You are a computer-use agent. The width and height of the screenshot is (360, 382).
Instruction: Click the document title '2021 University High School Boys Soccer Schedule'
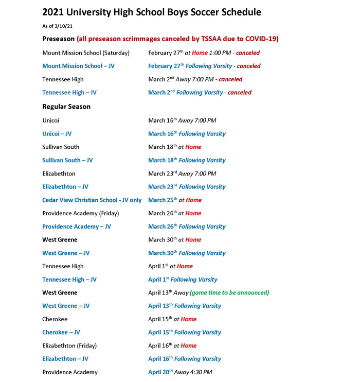[x=151, y=12]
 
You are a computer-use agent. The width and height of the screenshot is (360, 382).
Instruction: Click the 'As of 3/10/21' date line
[x=57, y=26]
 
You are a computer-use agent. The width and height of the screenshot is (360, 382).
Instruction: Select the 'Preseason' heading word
[x=58, y=39]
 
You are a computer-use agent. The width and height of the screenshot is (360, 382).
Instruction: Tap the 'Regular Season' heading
[x=66, y=107]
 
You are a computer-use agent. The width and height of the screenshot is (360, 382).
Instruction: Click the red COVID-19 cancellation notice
[x=177, y=39]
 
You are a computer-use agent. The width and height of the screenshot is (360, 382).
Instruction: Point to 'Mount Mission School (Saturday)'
[x=85, y=53]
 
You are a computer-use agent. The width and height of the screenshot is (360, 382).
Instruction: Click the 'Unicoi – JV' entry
[x=57, y=134]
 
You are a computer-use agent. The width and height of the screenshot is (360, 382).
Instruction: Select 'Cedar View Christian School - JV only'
[x=92, y=200]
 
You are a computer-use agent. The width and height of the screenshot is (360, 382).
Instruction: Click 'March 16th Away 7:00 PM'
[x=182, y=120]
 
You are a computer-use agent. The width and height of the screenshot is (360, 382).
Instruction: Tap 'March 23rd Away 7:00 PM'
[x=182, y=173]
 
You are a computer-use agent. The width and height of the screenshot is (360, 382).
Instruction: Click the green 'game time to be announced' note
[x=229, y=293]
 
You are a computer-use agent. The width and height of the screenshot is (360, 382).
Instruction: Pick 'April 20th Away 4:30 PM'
[x=179, y=372]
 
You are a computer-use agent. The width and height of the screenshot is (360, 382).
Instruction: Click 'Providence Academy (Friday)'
[x=80, y=213]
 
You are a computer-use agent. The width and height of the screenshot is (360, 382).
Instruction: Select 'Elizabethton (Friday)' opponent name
[x=69, y=346]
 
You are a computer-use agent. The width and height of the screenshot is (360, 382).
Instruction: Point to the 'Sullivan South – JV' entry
[x=67, y=161]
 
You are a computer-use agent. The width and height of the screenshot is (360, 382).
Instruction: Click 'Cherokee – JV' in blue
[x=60, y=333]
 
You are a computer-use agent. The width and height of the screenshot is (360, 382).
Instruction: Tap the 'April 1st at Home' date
[x=170, y=266]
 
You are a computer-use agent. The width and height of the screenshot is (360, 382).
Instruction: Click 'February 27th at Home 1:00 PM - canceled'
[x=204, y=53]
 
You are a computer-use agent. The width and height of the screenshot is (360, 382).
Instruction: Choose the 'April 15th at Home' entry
[x=172, y=319]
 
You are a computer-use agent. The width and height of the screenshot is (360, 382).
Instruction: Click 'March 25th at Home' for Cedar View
[x=174, y=200]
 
